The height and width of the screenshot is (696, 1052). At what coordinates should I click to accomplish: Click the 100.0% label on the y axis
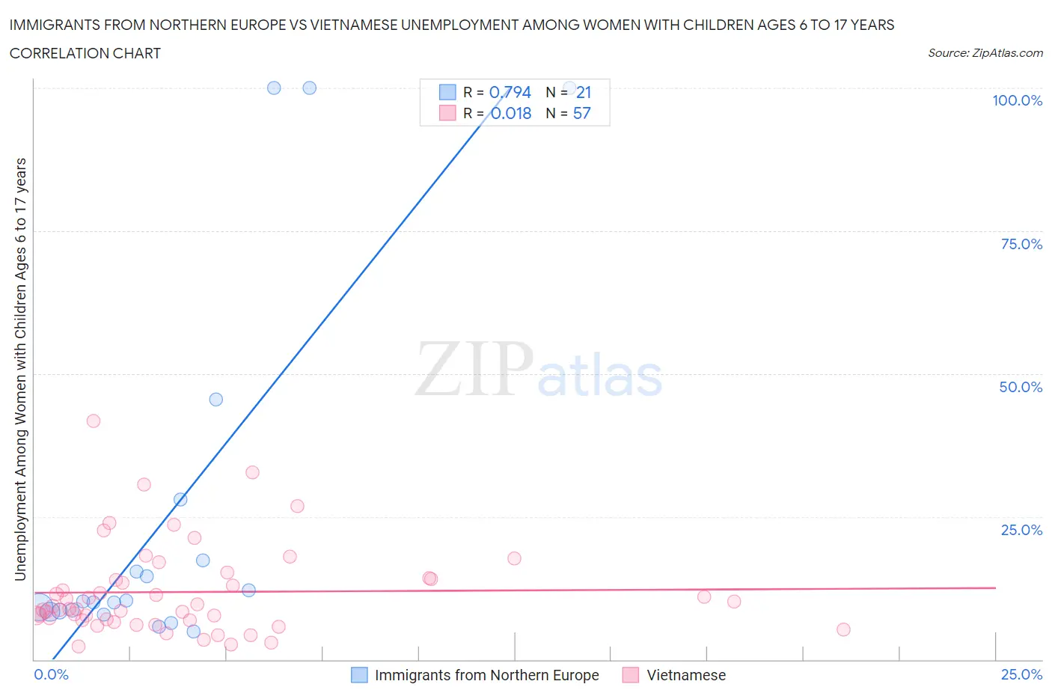(x=1017, y=101)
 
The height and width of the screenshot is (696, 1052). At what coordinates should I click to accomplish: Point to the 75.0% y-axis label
(x=1021, y=244)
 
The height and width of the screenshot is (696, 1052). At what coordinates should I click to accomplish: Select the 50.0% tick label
(x=1021, y=387)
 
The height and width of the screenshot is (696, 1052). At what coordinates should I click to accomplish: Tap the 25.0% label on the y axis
(x=1021, y=530)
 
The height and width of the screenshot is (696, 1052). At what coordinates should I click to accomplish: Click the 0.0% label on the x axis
(x=52, y=674)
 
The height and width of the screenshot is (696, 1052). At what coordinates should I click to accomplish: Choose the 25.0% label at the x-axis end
(x=1021, y=674)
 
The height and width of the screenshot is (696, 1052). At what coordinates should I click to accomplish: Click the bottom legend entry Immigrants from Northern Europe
(x=486, y=675)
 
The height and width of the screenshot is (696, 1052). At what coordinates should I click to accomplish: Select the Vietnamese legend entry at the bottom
(x=685, y=675)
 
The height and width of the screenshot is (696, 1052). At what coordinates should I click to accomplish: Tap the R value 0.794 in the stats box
(x=510, y=92)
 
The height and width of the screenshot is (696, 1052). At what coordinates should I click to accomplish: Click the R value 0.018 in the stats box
(x=511, y=113)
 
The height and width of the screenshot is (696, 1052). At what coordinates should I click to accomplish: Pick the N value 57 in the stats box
(x=582, y=113)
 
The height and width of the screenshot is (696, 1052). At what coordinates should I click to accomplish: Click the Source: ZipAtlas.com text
(x=985, y=53)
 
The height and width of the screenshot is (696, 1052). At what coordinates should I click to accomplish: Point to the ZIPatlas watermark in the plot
(x=539, y=370)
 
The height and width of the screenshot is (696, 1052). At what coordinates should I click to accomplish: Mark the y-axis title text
(x=21, y=370)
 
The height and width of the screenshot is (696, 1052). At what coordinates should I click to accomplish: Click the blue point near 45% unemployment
(x=216, y=400)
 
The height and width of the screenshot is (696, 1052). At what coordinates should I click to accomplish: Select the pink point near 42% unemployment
(x=94, y=421)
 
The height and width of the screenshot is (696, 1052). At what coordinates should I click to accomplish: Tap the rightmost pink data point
(x=843, y=629)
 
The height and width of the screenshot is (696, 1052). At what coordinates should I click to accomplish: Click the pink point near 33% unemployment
(x=252, y=472)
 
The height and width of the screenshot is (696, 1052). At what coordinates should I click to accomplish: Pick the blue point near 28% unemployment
(x=180, y=499)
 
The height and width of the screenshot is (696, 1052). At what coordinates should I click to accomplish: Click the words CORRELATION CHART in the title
(x=85, y=53)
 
